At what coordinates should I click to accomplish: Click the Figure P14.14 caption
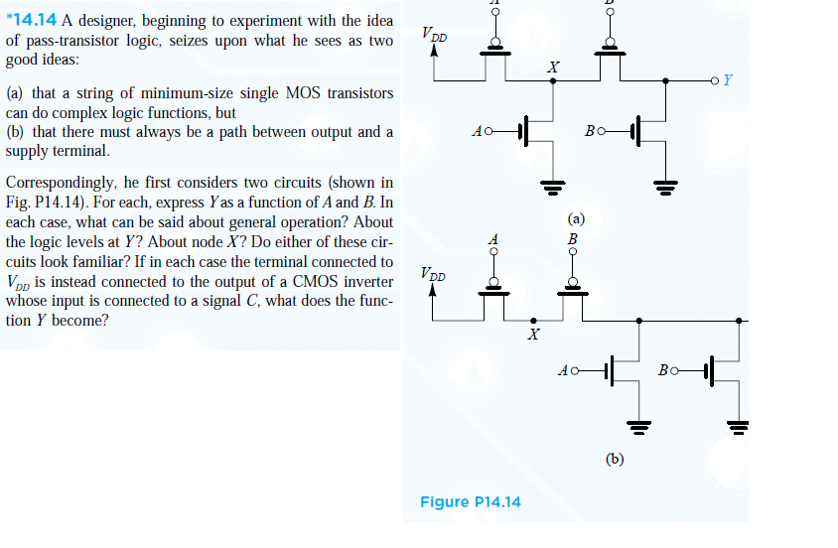click(x=470, y=501)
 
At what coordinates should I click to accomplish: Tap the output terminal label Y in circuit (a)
click(x=729, y=80)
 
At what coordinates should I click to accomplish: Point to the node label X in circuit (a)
click(x=553, y=68)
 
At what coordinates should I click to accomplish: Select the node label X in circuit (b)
click(x=533, y=336)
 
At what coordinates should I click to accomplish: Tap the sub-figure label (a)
click(x=576, y=218)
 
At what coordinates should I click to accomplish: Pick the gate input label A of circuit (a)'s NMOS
click(x=480, y=131)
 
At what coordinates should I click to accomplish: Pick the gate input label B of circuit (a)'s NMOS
click(x=590, y=131)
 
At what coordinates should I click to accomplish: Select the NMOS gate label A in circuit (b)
click(x=564, y=371)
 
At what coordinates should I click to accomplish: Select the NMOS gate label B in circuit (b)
click(x=663, y=371)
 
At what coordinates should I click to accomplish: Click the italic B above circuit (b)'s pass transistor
click(x=571, y=239)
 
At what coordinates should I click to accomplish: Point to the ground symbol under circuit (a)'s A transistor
click(x=552, y=185)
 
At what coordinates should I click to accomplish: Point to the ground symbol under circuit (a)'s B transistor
click(x=664, y=185)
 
